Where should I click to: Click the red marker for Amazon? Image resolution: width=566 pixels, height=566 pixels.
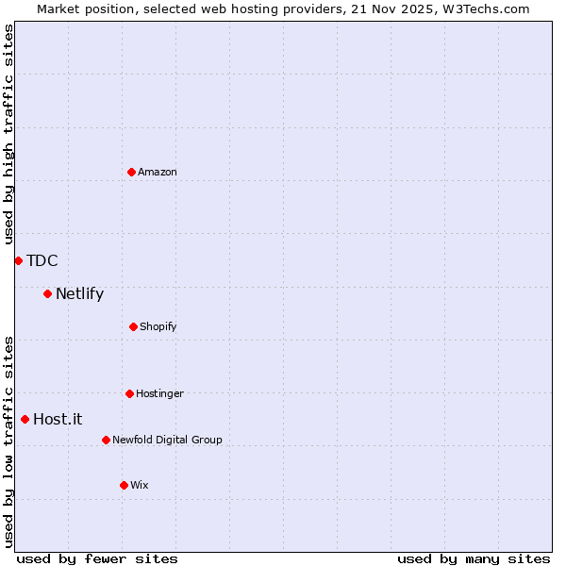point(131,172)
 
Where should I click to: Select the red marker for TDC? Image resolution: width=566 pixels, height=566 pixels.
point(18,260)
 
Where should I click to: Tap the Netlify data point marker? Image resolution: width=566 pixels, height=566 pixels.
point(47,293)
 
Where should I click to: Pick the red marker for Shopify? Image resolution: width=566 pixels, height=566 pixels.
point(133,326)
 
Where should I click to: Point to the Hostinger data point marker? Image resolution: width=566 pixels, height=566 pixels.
point(129,393)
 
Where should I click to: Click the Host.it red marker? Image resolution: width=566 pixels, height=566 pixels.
point(25,419)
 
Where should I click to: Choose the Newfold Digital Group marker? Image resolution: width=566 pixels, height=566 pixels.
point(106,440)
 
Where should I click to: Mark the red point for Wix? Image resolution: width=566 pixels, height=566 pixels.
point(124,485)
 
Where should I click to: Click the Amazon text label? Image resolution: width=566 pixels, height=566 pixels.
point(158,172)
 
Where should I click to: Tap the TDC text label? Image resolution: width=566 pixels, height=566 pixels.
point(42,260)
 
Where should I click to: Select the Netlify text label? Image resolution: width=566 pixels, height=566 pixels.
point(79,293)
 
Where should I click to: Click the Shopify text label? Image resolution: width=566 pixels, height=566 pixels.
point(158,326)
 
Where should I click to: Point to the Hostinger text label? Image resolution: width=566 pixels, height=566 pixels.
point(159,393)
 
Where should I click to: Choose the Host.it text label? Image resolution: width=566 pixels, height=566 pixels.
point(58,419)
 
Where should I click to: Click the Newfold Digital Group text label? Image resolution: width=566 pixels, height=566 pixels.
point(167,440)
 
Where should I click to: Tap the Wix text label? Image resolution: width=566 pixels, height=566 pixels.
point(140,485)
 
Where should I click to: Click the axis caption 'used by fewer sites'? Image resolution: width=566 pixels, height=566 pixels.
point(97,558)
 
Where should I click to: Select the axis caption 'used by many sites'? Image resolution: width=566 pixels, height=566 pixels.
point(474,558)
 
